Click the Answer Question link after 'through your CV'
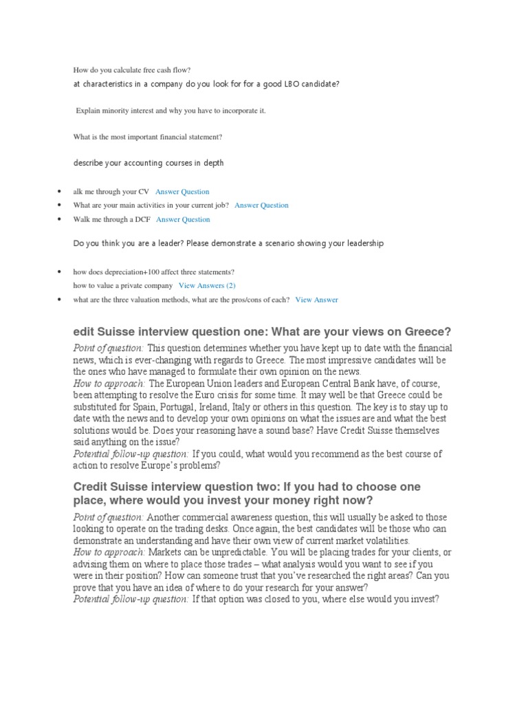point(182,192)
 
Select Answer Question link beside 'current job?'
point(261,206)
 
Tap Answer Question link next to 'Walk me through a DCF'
point(183,220)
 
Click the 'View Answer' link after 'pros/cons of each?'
point(316,300)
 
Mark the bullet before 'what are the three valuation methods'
point(60,300)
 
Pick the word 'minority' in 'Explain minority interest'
point(118,110)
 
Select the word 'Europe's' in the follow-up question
point(179,465)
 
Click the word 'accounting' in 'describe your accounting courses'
point(142,163)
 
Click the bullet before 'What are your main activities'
point(60,206)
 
